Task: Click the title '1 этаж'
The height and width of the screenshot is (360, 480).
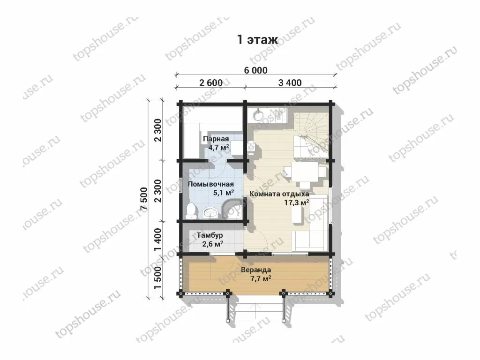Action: [257, 40]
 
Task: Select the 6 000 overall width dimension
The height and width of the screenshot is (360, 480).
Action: [255, 70]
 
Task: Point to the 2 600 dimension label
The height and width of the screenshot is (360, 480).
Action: [210, 82]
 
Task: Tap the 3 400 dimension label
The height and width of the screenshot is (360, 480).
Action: [290, 82]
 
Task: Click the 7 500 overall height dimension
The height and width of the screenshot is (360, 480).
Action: [144, 198]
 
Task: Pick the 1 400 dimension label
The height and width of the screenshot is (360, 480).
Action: [158, 239]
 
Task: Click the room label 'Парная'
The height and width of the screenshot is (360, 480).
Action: [216, 139]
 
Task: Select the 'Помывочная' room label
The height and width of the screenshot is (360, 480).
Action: [210, 184]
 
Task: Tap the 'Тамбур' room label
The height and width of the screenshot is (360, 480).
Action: [210, 235]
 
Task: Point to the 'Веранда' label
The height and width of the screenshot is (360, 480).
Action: [256, 270]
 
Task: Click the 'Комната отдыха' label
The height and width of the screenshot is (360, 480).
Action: [279, 194]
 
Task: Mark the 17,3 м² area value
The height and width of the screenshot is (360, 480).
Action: [296, 202]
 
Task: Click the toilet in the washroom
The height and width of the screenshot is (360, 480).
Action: [191, 210]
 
